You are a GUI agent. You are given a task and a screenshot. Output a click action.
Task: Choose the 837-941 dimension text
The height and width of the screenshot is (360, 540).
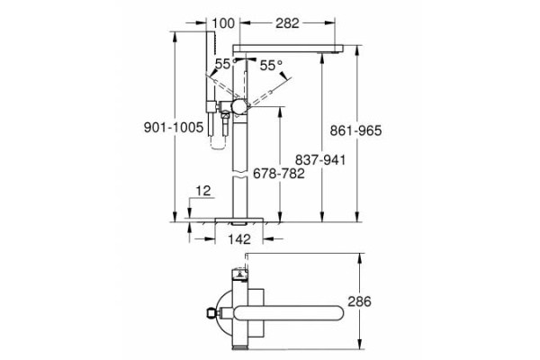322,158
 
